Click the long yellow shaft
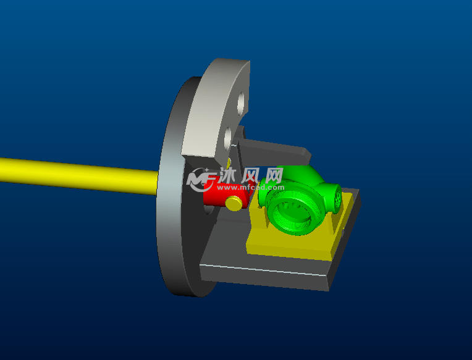[79, 176]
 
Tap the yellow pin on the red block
[234, 203]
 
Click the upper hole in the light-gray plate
[241, 104]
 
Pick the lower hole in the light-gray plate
[227, 140]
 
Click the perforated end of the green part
[338, 198]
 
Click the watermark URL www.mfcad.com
[250, 188]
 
